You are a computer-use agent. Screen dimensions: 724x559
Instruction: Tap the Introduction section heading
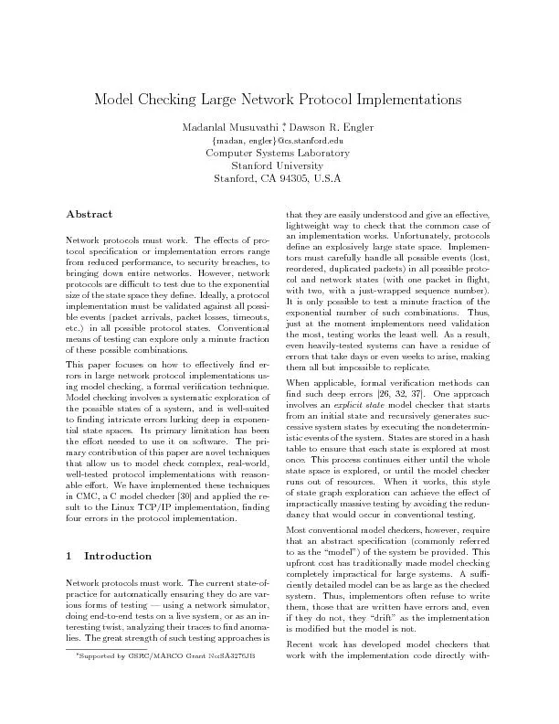[x=118, y=556]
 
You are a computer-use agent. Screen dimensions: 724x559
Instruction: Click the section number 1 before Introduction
[x=70, y=556]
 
